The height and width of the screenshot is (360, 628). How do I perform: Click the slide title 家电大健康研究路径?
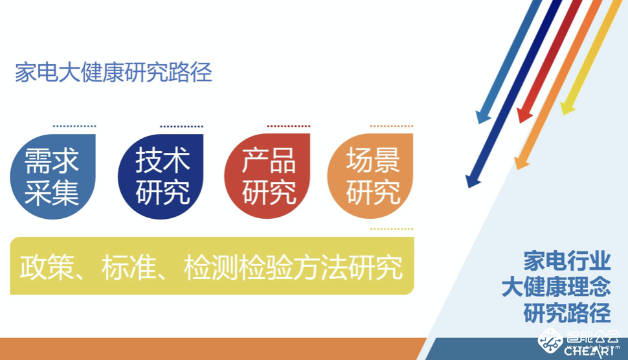pyautogui.click(x=113, y=73)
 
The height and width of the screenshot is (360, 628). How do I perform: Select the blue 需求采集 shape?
pyautogui.click(x=52, y=176)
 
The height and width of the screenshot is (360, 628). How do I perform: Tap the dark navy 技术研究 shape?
pyautogui.click(x=161, y=176)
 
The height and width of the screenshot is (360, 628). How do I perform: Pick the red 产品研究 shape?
pyautogui.click(x=267, y=176)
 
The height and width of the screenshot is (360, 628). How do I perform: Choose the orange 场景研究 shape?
pyautogui.click(x=371, y=176)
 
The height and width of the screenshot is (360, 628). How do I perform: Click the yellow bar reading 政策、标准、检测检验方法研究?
pyautogui.click(x=212, y=266)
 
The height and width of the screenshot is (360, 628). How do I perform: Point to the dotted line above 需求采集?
pyautogui.click(x=74, y=126)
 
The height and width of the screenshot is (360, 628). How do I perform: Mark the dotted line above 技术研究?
pyautogui.click(x=181, y=126)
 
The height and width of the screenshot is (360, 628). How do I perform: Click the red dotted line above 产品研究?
pyautogui.click(x=288, y=126)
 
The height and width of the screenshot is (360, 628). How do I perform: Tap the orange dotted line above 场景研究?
pyautogui.click(x=391, y=126)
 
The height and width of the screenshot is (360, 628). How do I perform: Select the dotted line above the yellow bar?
pyautogui.click(x=391, y=229)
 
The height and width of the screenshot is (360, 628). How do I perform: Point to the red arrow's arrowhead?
pyautogui.click(x=523, y=116)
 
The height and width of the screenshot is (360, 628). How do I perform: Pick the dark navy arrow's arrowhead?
pyautogui.click(x=473, y=181)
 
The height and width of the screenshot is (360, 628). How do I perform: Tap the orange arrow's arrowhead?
pyautogui.click(x=521, y=163)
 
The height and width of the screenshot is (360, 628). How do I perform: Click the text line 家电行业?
pyautogui.click(x=567, y=261)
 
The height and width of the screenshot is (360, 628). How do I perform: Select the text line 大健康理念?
pyautogui.click(x=556, y=287)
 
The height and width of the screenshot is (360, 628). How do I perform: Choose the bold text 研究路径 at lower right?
pyautogui.click(x=567, y=313)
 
